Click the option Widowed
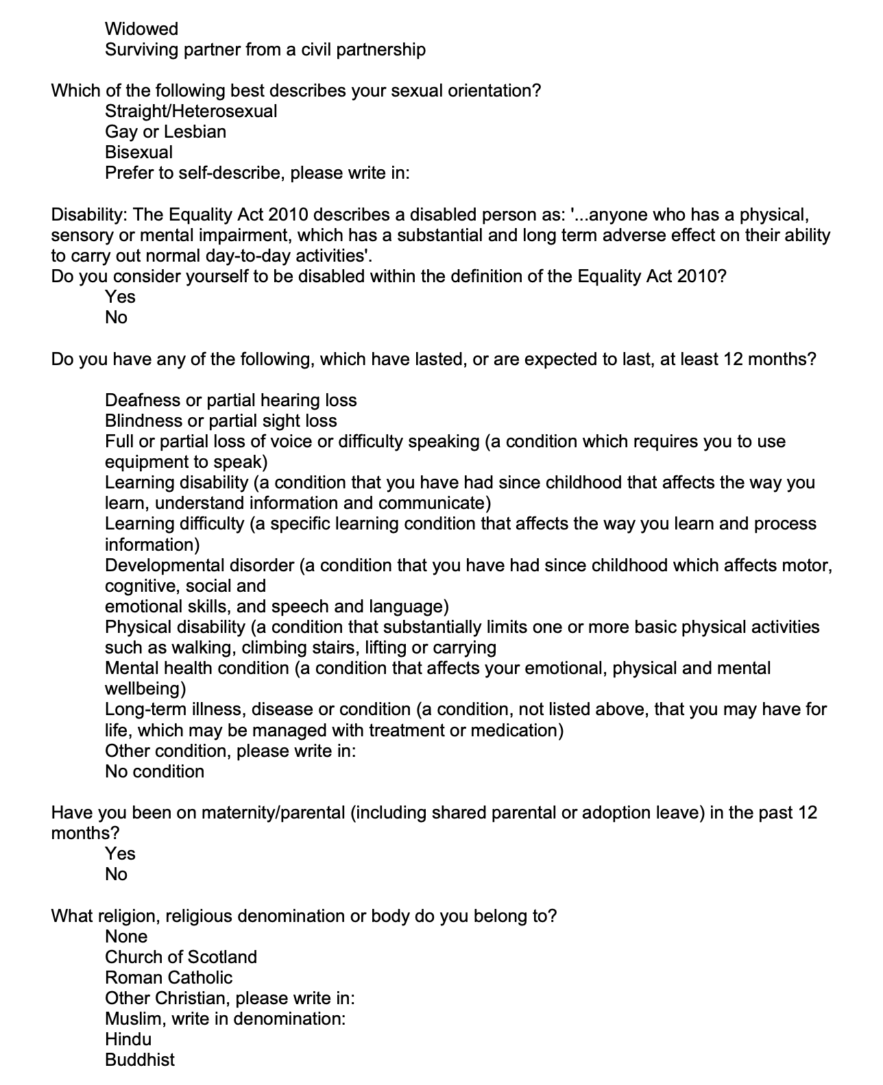pos(141,29)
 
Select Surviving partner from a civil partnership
pos(265,49)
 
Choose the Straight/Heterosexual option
pos(191,111)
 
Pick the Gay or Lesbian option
pos(165,132)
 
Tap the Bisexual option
pos(138,152)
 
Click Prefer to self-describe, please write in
pos(256,173)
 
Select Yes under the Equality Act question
pos(120,297)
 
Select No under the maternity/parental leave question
pos(116,874)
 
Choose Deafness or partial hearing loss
pos(230,400)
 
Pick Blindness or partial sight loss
pos(221,421)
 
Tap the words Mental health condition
pos(197,668)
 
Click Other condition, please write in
pos(230,751)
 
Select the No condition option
pos(154,771)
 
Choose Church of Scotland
pos(181,957)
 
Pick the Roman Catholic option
pos(169,977)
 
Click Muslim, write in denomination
pos(225,1019)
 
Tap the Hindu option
pos(128,1039)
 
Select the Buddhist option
pos(140,1060)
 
